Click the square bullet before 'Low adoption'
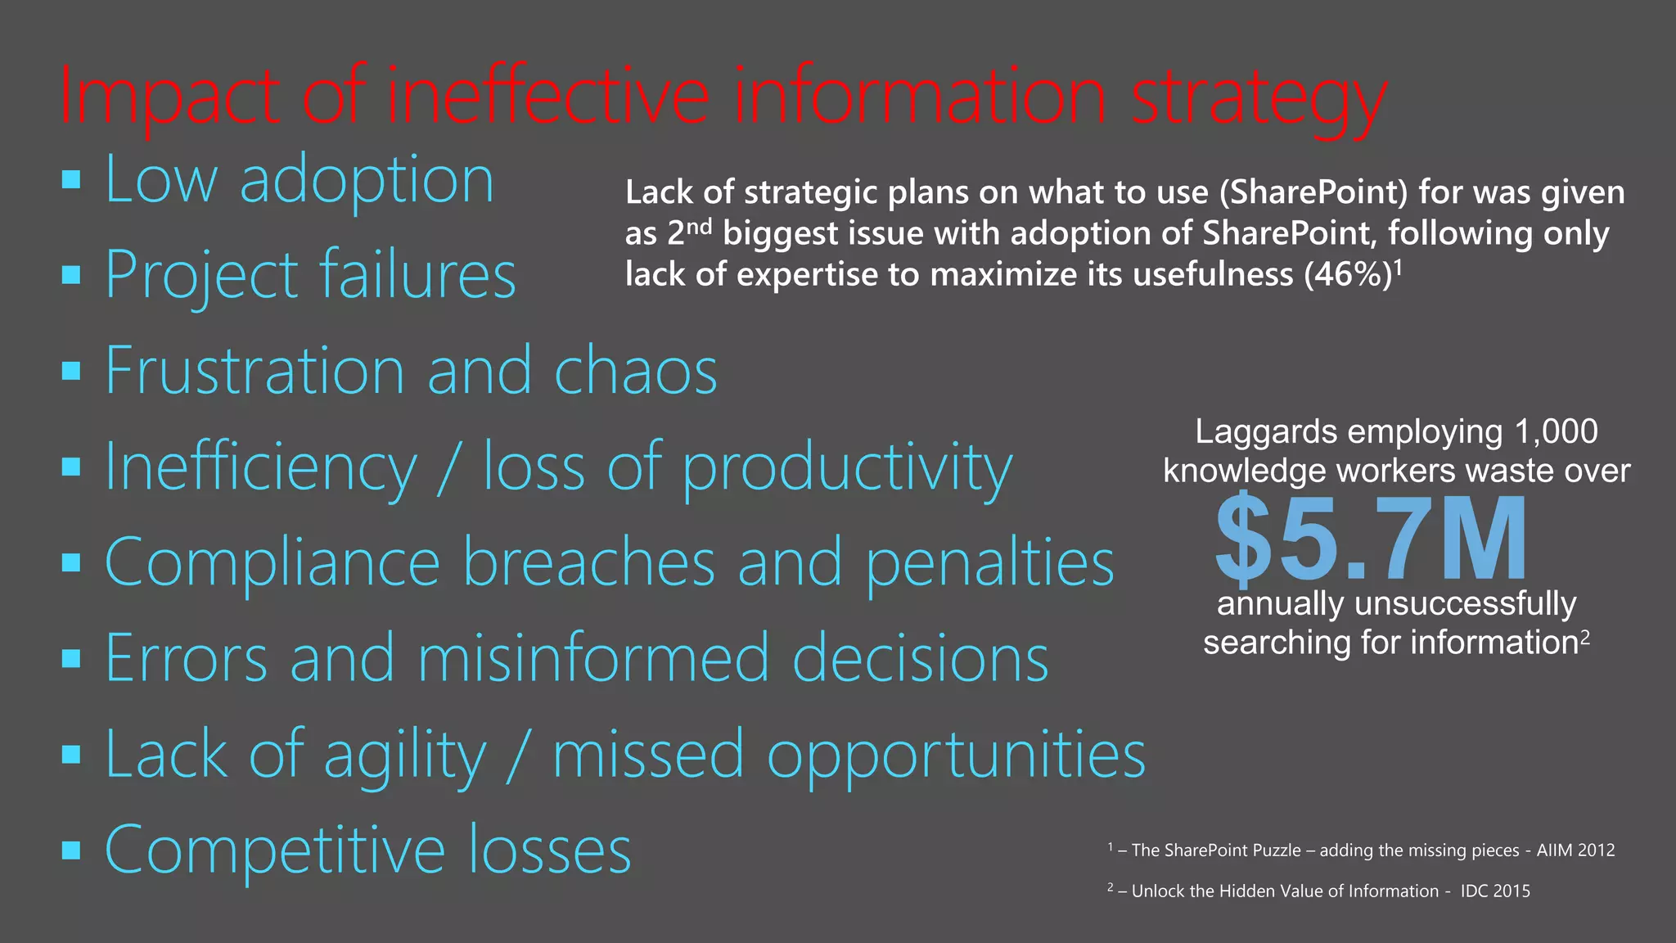[x=71, y=179]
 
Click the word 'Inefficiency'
[x=261, y=467]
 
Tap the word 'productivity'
[x=847, y=468]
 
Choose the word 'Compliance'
[x=273, y=562]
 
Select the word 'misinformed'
[x=593, y=658]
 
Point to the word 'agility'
[x=404, y=755]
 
